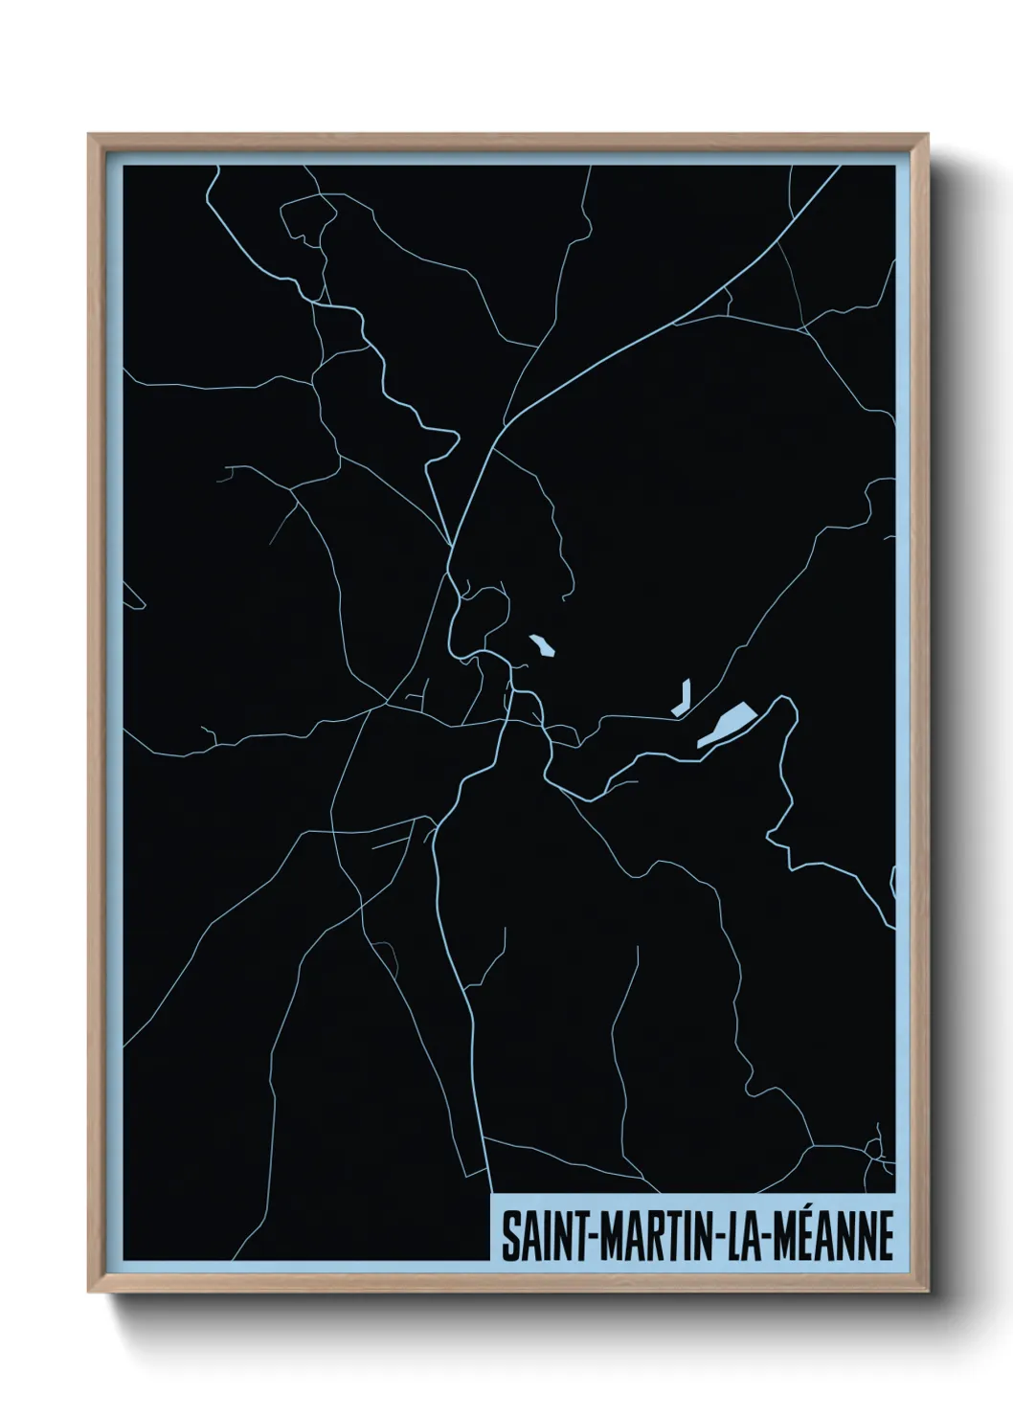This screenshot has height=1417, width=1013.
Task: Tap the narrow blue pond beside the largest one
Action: point(682,698)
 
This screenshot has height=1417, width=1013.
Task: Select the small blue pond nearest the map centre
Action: point(543,645)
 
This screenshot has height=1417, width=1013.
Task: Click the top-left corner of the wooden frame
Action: point(90,136)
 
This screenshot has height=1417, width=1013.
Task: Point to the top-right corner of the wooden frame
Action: point(926,136)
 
